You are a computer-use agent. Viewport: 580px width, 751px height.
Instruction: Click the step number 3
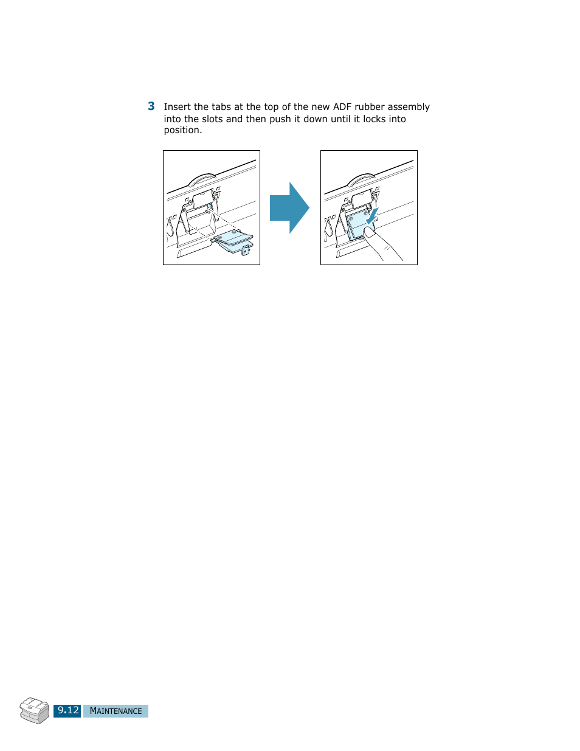[151, 106]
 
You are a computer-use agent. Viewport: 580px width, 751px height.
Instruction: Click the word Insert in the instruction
[178, 107]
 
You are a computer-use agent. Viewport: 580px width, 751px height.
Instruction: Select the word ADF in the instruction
[342, 107]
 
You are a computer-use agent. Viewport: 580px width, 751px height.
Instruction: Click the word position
[182, 130]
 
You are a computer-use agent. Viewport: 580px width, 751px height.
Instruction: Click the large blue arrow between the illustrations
[289, 207]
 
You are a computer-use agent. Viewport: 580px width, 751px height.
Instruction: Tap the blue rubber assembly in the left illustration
[232, 239]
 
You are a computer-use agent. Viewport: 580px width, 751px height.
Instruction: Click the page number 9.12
[67, 710]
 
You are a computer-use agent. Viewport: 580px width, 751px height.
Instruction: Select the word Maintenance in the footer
[116, 711]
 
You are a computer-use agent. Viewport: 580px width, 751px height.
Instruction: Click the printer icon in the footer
[34, 710]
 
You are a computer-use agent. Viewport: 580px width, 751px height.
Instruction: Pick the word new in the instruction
[320, 107]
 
